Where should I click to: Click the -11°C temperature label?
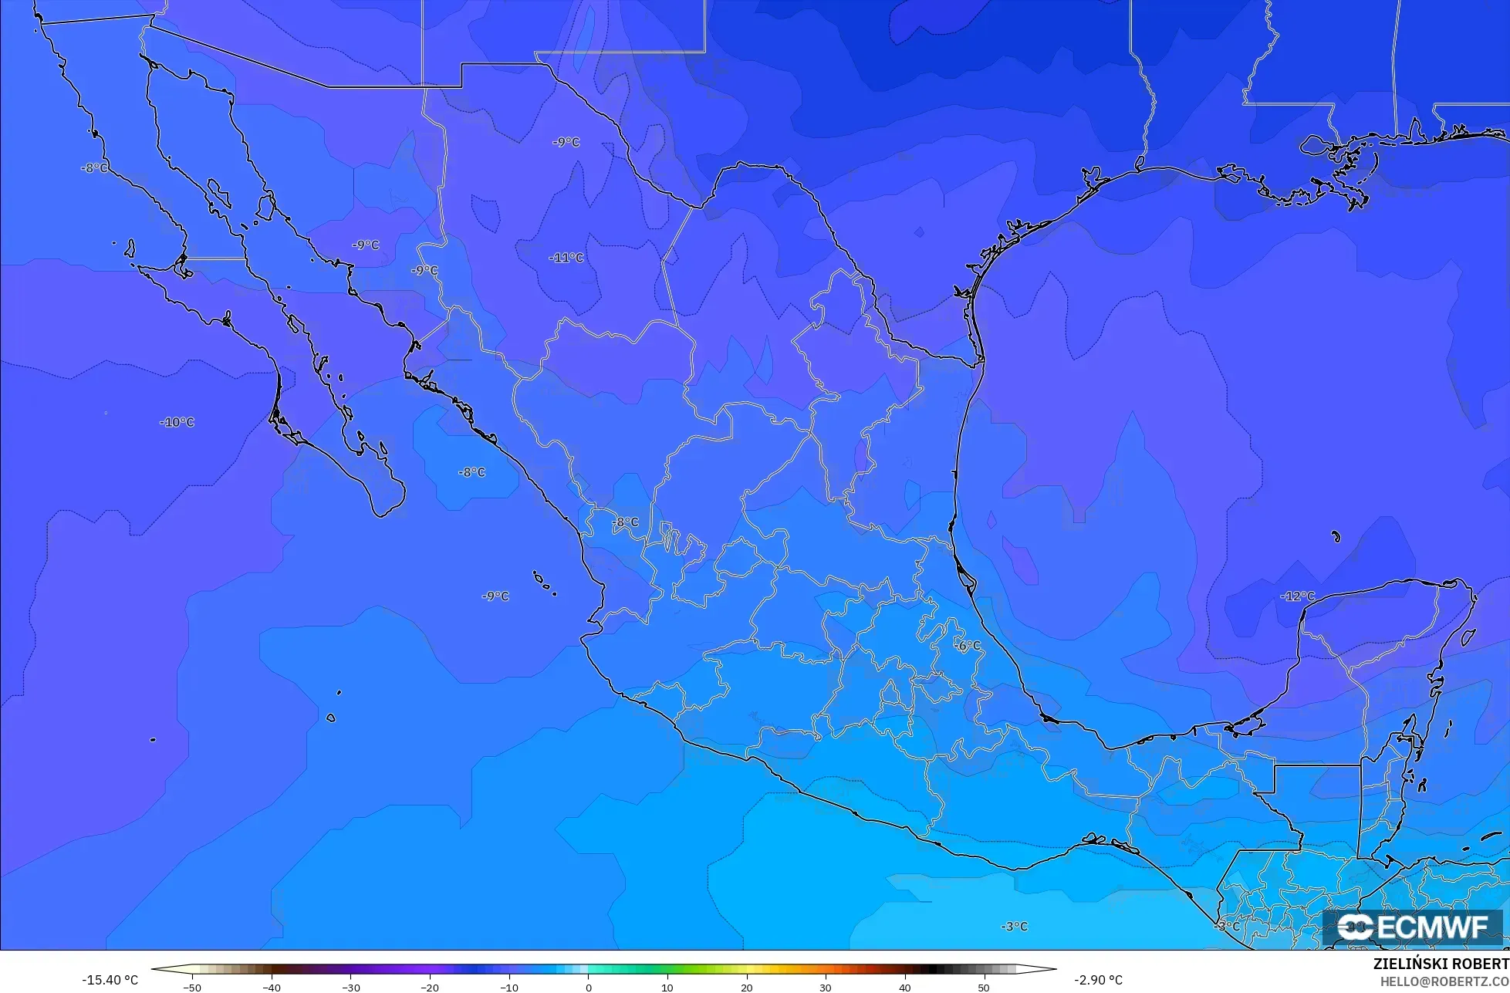click(566, 258)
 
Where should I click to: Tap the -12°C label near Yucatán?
click(1297, 596)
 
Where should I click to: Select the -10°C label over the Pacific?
click(177, 423)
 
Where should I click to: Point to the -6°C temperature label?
click(968, 646)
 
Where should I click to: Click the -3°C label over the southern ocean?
click(1014, 927)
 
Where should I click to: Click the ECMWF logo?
click(1413, 927)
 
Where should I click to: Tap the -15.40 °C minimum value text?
click(110, 980)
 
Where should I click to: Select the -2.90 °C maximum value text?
click(1098, 980)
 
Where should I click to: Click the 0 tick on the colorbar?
click(588, 988)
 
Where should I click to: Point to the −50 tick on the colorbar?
click(192, 988)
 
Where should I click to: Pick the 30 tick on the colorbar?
click(826, 988)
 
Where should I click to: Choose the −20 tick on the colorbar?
click(430, 988)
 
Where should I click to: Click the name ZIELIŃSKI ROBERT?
click(1441, 964)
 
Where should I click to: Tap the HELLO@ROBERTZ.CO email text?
click(1444, 981)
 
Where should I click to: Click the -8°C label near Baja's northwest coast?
click(95, 168)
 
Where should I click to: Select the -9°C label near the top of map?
click(566, 143)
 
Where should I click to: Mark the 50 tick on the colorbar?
click(984, 988)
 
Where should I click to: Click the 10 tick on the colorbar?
click(667, 988)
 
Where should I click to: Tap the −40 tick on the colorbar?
click(272, 988)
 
